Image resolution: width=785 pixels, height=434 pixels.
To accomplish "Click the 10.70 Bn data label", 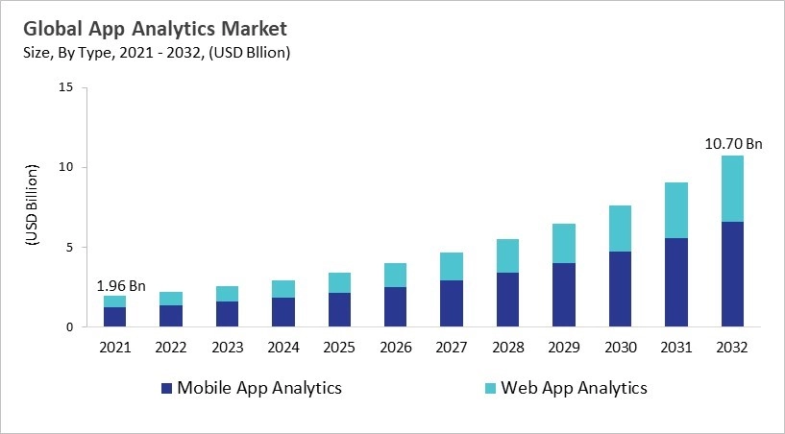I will click(x=732, y=144).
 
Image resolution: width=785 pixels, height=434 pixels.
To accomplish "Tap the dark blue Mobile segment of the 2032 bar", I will click(x=732, y=275).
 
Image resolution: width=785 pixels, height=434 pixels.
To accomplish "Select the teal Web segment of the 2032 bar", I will click(x=732, y=188).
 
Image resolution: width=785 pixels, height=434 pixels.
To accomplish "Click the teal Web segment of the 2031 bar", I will click(x=676, y=210).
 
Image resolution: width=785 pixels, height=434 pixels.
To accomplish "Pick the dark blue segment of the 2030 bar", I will click(x=620, y=289).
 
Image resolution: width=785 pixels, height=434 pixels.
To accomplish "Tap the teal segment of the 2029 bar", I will click(x=564, y=243).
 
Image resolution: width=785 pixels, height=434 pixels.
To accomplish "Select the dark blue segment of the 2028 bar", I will click(x=507, y=300).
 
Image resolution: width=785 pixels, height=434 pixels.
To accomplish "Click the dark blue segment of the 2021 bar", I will click(x=114, y=317).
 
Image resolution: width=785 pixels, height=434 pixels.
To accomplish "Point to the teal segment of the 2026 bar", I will click(x=395, y=275).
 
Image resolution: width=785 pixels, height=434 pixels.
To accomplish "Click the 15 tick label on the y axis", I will click(x=65, y=87).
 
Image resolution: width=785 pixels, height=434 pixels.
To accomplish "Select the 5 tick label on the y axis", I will click(x=69, y=247).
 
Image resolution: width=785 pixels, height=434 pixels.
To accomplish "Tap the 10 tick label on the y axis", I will click(x=65, y=167).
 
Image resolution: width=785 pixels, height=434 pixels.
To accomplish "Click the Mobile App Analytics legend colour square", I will click(x=166, y=389).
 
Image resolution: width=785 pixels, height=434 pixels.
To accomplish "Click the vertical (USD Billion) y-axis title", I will click(x=31, y=207).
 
